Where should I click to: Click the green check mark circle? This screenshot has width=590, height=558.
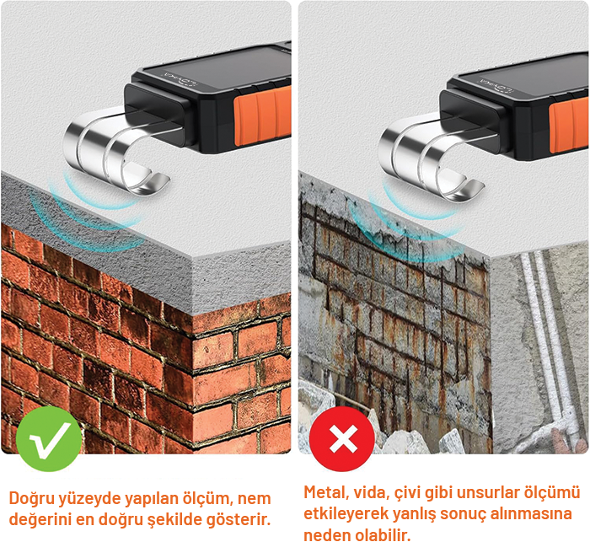49,438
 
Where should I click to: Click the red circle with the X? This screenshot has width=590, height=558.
342,438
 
